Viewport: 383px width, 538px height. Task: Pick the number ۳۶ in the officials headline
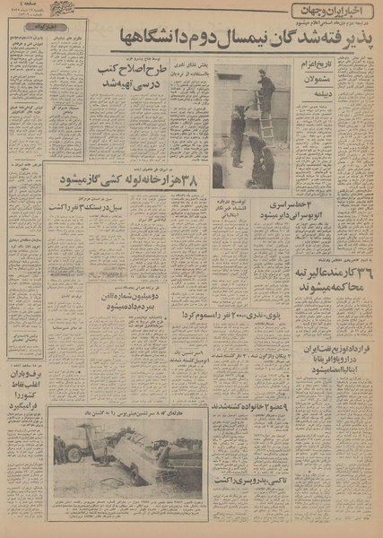365,270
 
